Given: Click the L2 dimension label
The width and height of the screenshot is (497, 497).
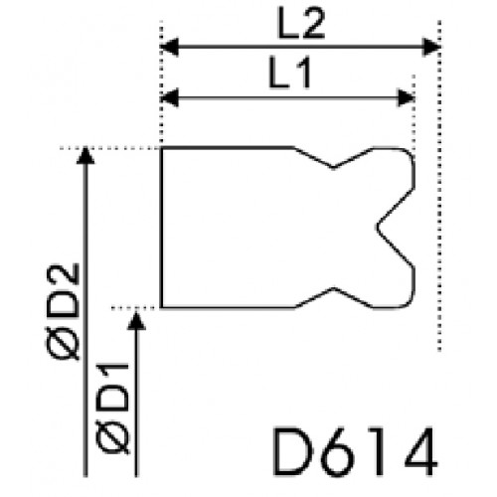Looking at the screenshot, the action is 301,24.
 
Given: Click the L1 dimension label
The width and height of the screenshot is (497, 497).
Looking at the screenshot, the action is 289,74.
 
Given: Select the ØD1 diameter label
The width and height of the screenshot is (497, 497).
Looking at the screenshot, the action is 112,409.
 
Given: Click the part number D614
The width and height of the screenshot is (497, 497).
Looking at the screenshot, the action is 355,451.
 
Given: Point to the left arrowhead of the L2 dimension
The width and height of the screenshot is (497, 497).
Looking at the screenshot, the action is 169,47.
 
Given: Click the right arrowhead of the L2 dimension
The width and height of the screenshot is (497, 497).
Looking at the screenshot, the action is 431,47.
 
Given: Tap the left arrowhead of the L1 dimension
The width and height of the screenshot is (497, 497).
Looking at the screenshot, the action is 169,98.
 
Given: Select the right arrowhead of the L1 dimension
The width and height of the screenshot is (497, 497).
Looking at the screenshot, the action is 407,98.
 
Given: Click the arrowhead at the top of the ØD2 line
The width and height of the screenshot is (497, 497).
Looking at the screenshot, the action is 85,155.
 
